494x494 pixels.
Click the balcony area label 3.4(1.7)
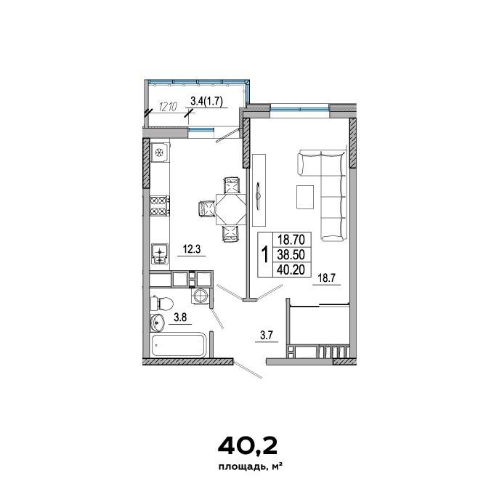207,101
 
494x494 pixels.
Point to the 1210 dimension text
169,107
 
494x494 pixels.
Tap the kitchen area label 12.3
192,249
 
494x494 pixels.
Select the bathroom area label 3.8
181,317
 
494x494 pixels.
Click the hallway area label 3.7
266,336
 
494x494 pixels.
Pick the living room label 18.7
327,278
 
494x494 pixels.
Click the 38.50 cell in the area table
291,254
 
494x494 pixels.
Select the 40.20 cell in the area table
291,270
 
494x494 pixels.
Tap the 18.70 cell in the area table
291,240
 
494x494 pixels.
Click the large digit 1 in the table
265,254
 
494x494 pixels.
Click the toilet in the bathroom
162,304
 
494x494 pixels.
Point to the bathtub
179,345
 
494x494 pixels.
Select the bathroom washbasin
158,323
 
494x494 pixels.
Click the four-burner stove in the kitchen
159,206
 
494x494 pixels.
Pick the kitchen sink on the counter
159,254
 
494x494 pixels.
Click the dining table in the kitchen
231,209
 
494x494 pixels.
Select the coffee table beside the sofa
305,197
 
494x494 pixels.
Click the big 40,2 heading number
247,445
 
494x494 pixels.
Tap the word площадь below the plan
242,467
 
